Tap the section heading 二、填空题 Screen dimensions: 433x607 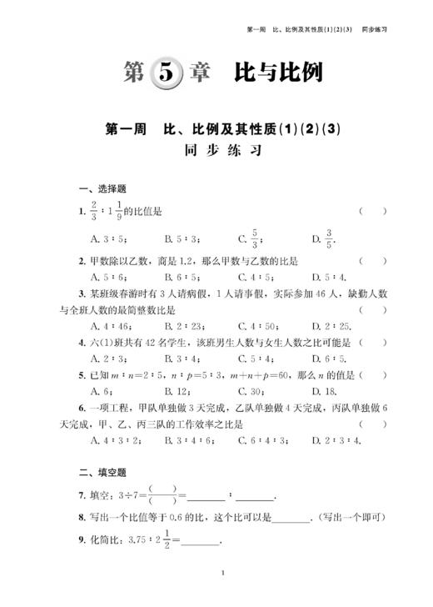pyautogui.click(x=102, y=474)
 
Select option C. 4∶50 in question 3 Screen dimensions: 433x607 pyautogui.click(x=255, y=325)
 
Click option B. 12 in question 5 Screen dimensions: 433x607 pyautogui.click(x=177, y=391)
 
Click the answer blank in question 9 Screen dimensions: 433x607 pyautogui.click(x=201, y=542)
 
